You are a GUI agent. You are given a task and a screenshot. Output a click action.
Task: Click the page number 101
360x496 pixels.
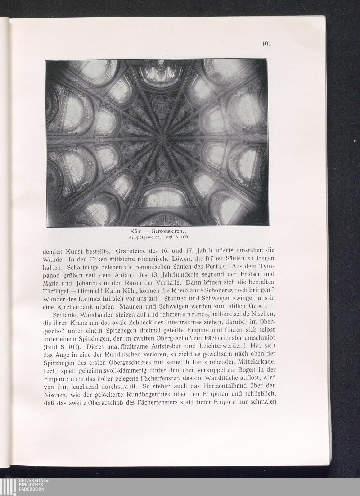pyautogui.click(x=266, y=44)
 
